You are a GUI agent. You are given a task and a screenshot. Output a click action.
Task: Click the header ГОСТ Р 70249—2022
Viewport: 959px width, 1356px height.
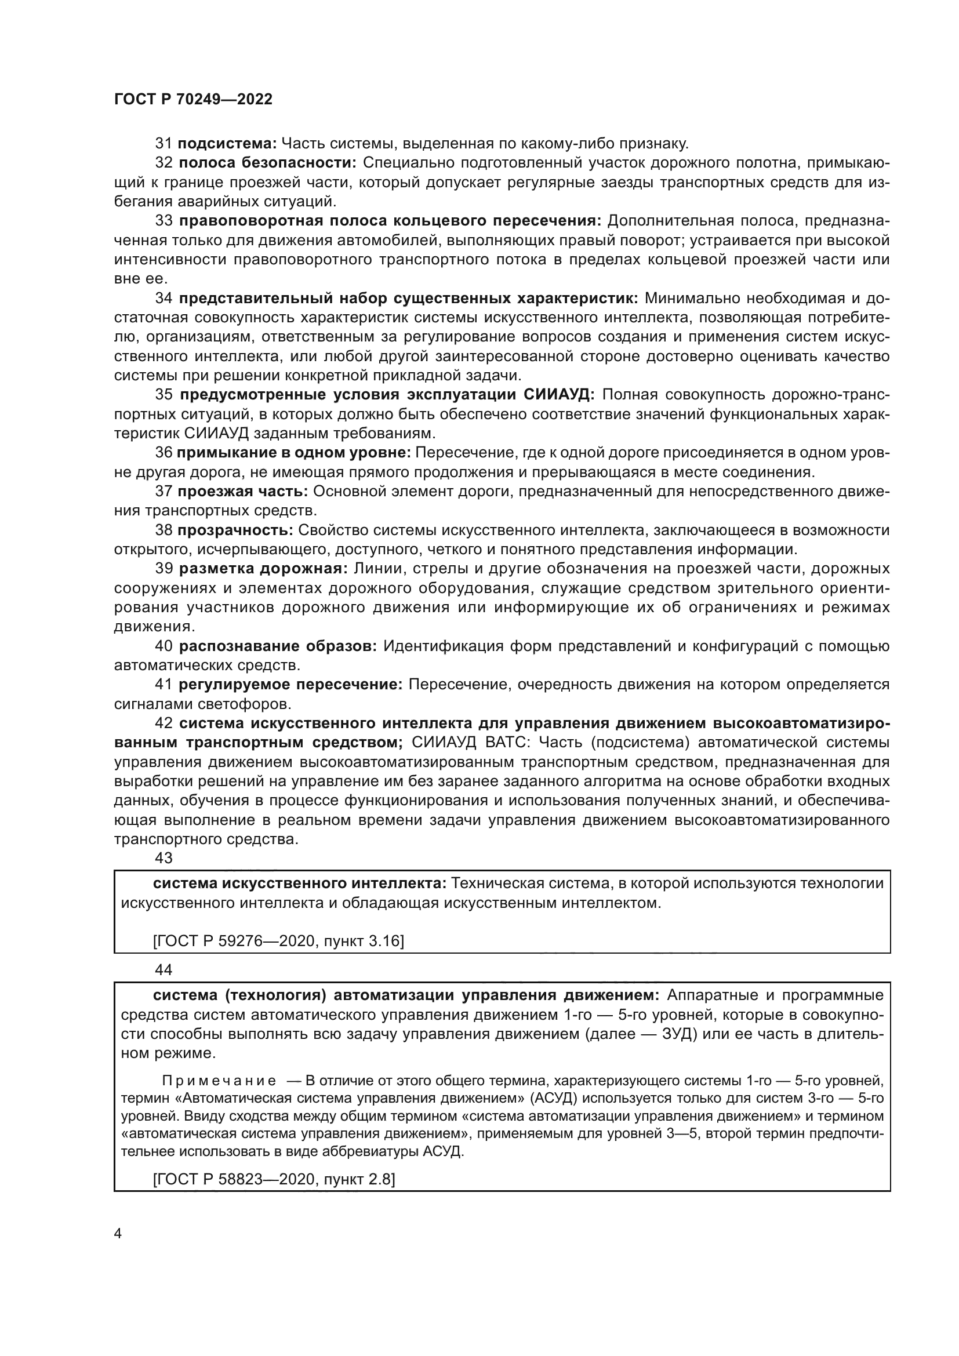[193, 99]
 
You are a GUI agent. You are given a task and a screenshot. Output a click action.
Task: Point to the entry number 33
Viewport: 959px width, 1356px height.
[164, 221]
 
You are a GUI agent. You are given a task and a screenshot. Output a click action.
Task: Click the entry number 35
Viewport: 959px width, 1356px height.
[164, 395]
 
